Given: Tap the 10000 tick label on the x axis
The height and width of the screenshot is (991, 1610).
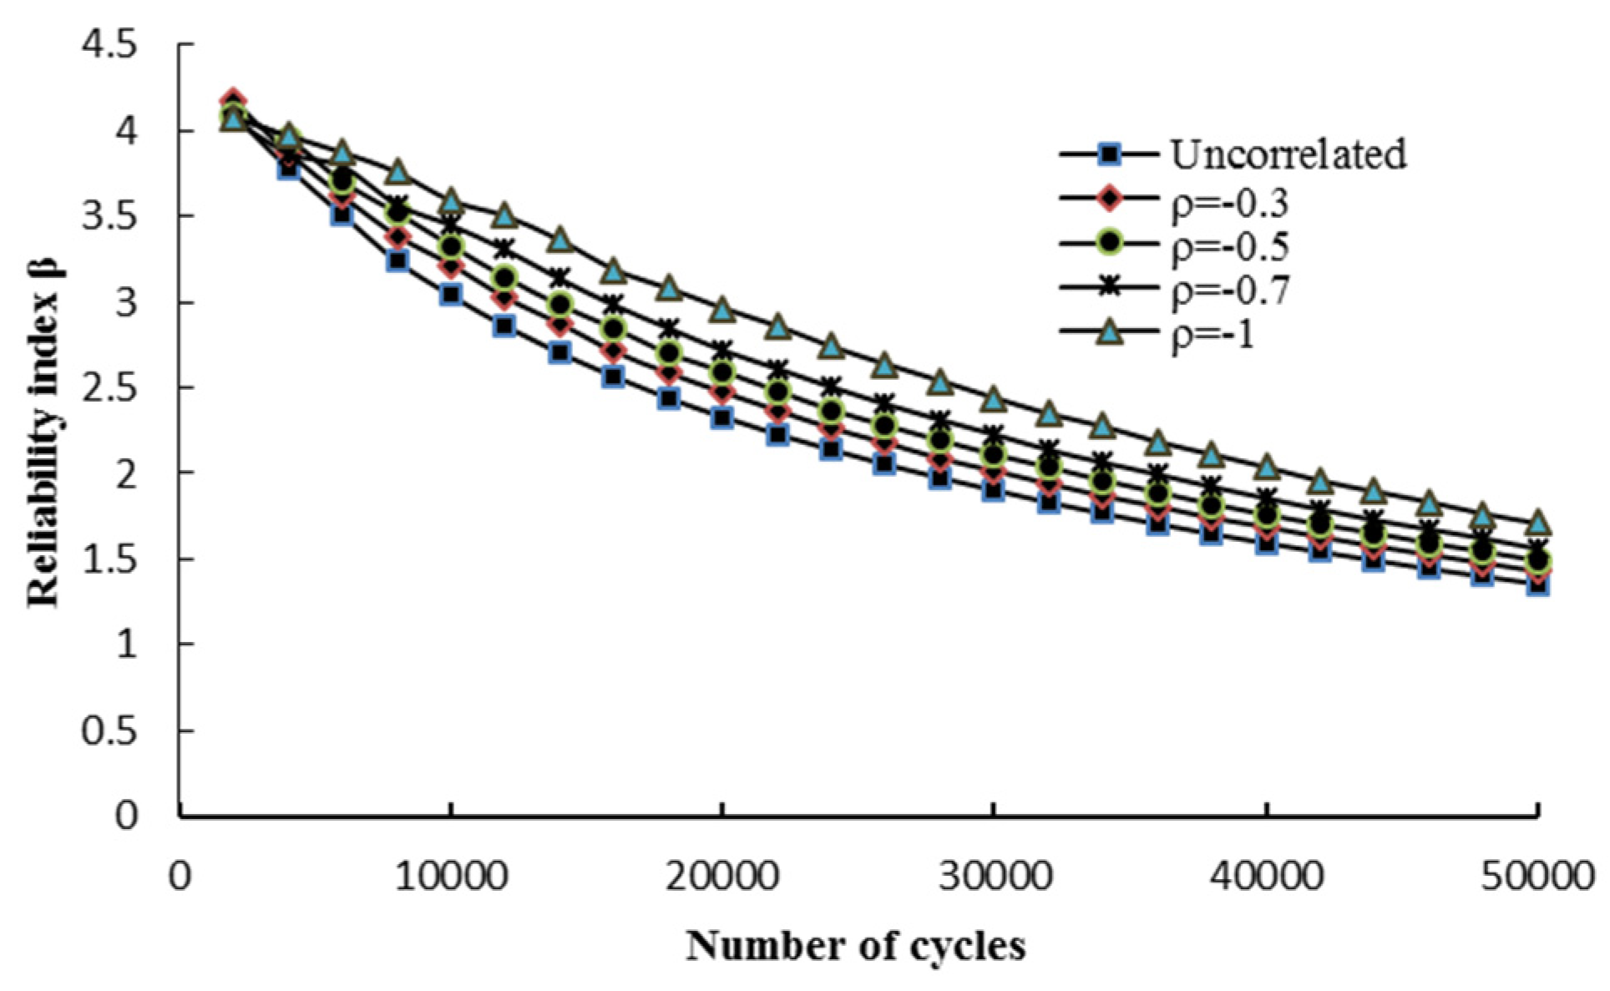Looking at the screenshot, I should click(451, 877).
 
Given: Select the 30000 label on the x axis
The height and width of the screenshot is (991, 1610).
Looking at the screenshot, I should click(994, 877).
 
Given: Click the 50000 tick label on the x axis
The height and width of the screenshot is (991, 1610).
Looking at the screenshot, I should click(1537, 877).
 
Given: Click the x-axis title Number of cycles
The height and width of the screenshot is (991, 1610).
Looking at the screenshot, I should click(856, 947).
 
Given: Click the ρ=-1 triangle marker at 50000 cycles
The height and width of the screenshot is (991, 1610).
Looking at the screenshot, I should click(1538, 523).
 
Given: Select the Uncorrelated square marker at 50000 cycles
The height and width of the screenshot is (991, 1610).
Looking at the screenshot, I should click(1538, 584).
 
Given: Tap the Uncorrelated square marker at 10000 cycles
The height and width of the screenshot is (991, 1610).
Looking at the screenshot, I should click(451, 294).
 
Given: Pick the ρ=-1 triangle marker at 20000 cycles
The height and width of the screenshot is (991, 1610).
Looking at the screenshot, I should click(722, 311).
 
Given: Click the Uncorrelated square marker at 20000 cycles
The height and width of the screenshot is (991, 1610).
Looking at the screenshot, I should click(722, 417).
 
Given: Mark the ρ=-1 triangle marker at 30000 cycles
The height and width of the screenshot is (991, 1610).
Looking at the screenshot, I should click(994, 399).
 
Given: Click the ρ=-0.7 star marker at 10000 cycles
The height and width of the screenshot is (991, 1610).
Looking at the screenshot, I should click(451, 225).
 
